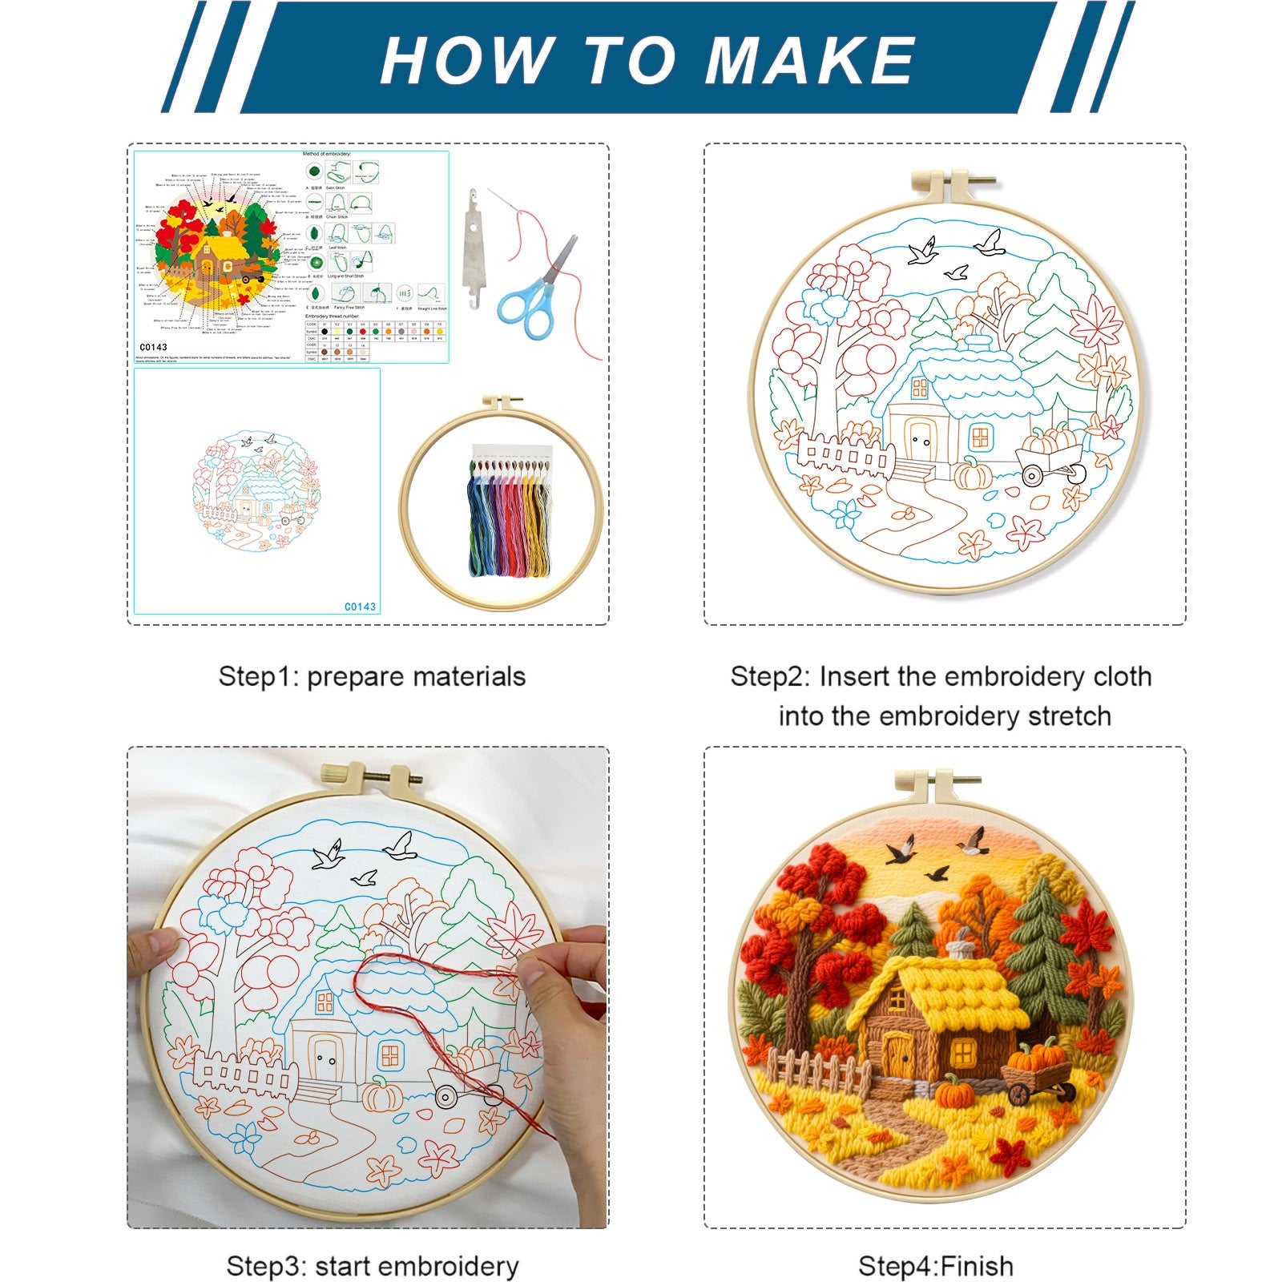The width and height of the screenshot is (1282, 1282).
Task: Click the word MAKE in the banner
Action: (809, 60)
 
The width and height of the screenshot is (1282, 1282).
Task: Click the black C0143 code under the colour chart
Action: (152, 347)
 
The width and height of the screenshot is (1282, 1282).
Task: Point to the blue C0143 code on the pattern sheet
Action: (360, 607)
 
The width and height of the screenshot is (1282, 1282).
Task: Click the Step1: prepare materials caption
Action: (372, 676)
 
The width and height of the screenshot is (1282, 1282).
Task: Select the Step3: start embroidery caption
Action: (372, 1266)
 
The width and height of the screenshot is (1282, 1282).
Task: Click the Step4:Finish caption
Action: (935, 1266)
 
